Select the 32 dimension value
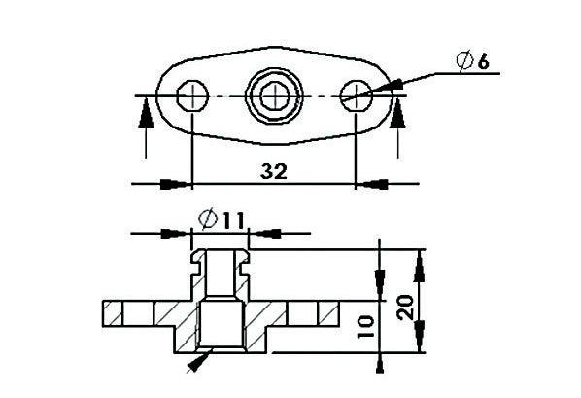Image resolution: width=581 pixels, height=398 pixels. pos(275,171)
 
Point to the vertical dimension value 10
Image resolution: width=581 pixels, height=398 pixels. pos(365,323)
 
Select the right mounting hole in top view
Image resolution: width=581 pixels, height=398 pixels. pos(357,95)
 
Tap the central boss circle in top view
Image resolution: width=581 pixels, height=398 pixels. pos(275,95)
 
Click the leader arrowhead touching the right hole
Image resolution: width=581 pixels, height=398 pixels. pos(381,90)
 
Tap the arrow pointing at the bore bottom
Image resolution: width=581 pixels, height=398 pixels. pos(198,361)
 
